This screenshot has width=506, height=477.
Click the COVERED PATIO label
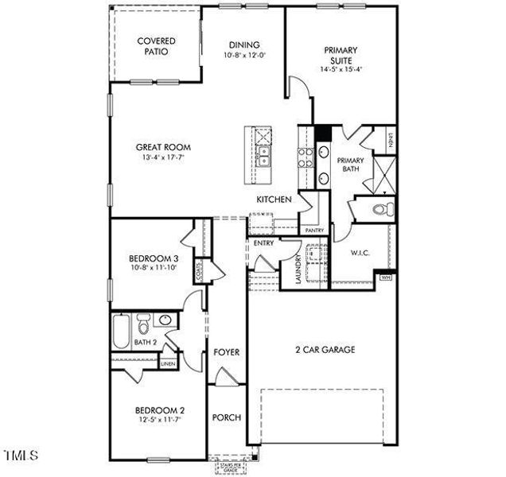(x=156, y=46)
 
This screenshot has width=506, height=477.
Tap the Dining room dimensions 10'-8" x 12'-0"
(x=245, y=56)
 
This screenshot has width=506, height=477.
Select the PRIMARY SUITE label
(x=341, y=55)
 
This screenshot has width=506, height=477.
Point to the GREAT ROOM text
(x=163, y=147)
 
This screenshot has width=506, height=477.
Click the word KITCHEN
(x=273, y=200)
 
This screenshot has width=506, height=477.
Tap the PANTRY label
(x=314, y=231)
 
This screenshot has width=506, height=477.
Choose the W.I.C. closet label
(x=362, y=254)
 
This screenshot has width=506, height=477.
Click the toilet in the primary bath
(x=382, y=210)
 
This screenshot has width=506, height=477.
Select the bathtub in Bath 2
(x=121, y=332)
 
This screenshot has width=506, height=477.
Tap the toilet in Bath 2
(x=144, y=325)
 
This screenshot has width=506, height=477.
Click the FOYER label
(x=226, y=351)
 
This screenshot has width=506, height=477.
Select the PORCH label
(x=226, y=417)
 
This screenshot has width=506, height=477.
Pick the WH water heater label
(x=387, y=277)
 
